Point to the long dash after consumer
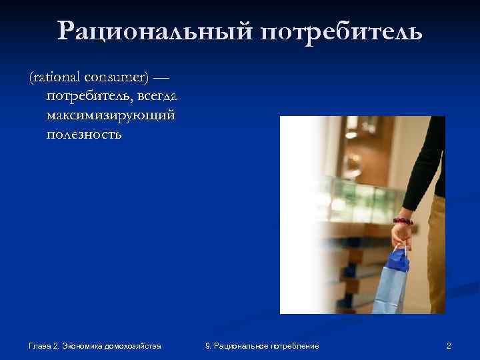click(x=161, y=79)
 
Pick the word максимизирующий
click(x=111, y=115)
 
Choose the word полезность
click(x=84, y=134)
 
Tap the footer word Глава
click(x=41, y=345)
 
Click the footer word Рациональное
click(x=241, y=345)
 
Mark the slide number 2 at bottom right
click(x=449, y=345)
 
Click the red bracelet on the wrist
click(x=403, y=220)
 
